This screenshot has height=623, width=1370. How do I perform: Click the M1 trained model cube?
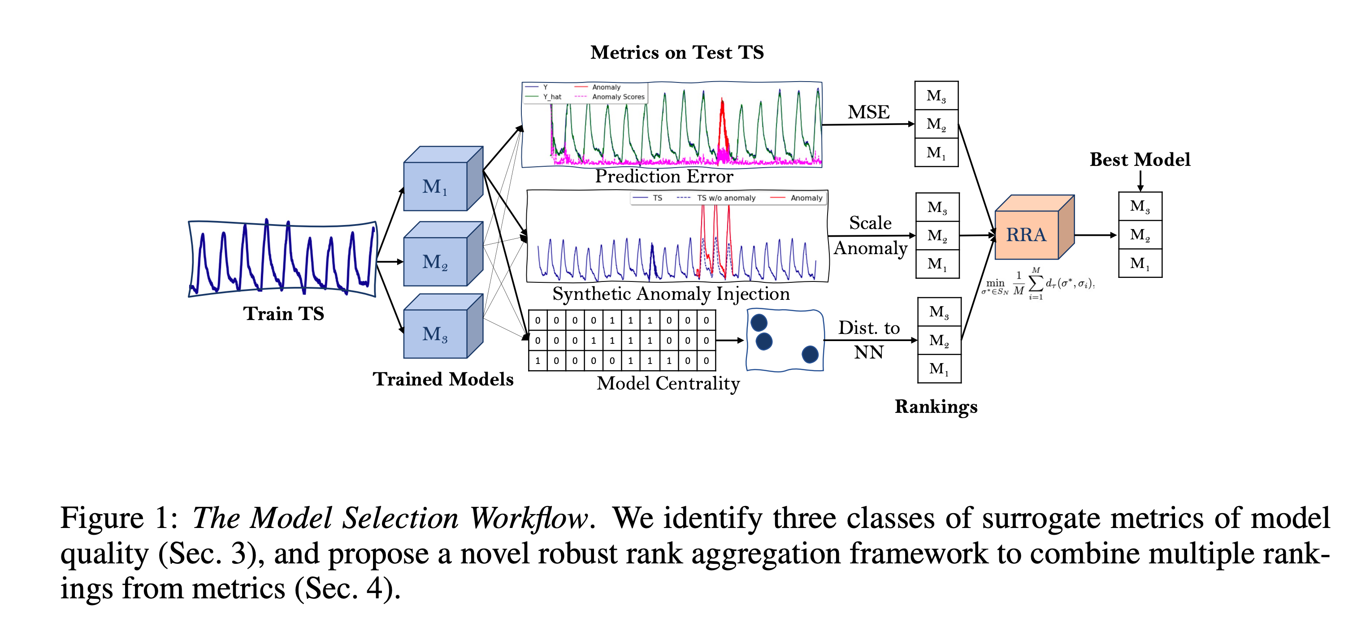436,186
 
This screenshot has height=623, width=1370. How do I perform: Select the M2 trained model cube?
436,261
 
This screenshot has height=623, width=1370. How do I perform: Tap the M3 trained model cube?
436,333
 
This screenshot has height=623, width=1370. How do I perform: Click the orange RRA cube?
1027,234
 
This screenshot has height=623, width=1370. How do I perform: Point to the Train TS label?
283,313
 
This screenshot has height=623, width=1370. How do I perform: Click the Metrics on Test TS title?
676,52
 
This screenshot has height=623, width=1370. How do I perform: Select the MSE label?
868,112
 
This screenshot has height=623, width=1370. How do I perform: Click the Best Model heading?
1140,160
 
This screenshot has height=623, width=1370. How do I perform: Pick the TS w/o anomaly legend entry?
725,198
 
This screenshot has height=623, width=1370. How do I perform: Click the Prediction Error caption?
664,176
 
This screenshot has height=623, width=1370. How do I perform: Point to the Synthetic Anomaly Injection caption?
671,294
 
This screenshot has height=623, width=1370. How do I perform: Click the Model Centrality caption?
668,383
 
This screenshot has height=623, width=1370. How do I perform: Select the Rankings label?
936,406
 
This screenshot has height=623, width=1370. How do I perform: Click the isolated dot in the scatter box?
810,354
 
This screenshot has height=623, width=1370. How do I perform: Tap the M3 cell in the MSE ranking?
936,95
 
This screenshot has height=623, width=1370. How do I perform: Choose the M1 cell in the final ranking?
1140,263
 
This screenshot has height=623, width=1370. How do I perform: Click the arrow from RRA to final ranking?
1096,234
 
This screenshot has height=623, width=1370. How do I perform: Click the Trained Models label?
442,379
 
